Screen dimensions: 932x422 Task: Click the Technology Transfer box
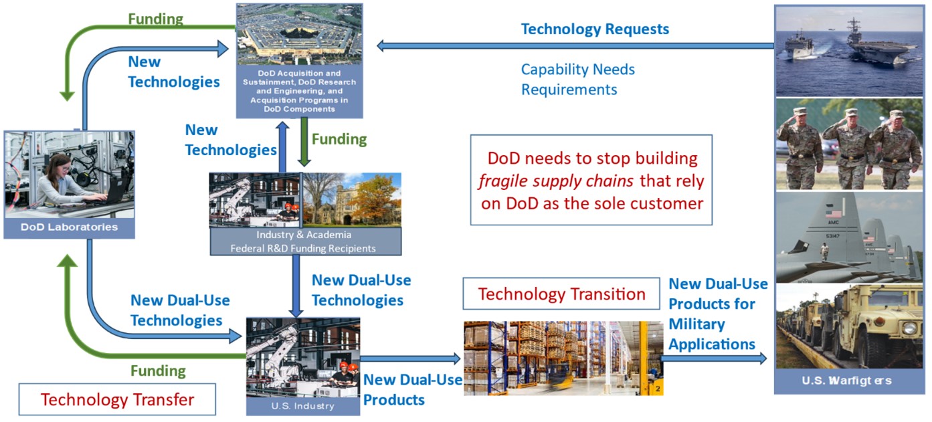[x=117, y=399]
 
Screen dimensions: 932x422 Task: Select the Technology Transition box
[x=561, y=294]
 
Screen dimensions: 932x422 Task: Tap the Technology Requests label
[x=595, y=29]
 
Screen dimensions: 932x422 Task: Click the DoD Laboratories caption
[x=69, y=227]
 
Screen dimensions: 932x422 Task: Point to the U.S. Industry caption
[x=302, y=406]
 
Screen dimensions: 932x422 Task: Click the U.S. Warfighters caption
[x=847, y=381]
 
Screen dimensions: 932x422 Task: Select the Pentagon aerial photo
[x=299, y=35]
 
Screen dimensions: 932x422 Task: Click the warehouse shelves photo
[x=563, y=358]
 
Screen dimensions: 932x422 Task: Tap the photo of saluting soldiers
[x=849, y=144]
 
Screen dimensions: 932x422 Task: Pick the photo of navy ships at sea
[x=849, y=51]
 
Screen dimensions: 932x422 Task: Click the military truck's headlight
[x=909, y=328]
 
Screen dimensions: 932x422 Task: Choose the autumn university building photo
[x=352, y=200]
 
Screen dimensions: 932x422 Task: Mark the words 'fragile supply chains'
[x=556, y=181]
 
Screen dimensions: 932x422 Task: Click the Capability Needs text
[x=578, y=70]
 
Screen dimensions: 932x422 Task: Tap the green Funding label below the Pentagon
[x=339, y=139]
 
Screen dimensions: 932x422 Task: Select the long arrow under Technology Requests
[x=576, y=45]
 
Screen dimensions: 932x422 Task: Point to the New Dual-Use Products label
[x=413, y=390]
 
